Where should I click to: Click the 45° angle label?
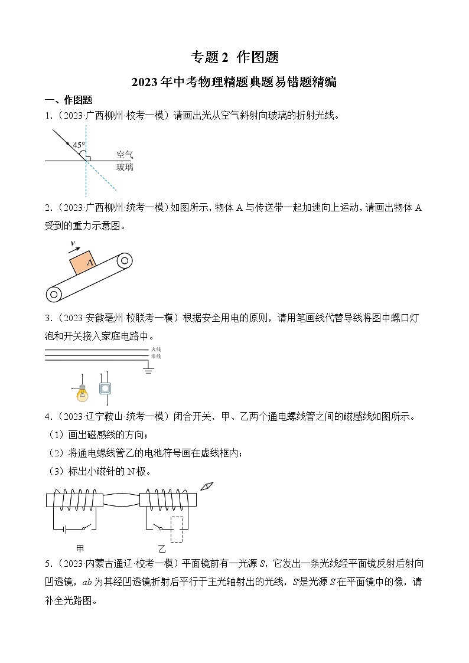pos(79,145)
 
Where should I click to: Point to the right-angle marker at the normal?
pos(88,158)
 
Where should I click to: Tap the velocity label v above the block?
pos(72,243)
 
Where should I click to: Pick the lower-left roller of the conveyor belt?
pos(54,293)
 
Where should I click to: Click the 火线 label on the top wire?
pos(156,350)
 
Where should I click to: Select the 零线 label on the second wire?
pos(156,357)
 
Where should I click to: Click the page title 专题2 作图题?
pos(234,57)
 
